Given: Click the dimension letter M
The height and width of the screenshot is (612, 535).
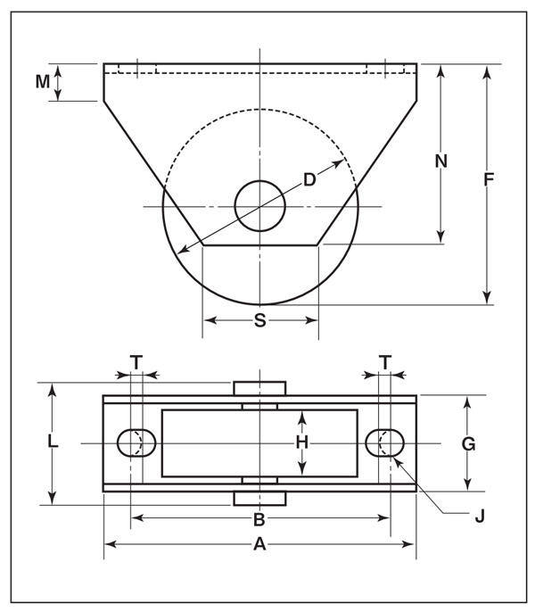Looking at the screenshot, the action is (x=43, y=81).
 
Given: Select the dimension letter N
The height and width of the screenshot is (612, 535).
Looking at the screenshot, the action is (x=441, y=161).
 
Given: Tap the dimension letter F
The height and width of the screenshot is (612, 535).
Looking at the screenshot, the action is (x=489, y=179).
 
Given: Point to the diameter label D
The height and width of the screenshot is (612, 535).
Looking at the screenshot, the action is (x=309, y=180).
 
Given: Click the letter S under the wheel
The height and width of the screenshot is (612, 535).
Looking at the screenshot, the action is (x=260, y=320).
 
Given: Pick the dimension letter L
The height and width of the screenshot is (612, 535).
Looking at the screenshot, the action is (x=53, y=441).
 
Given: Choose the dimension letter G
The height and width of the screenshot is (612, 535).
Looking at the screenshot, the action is (x=468, y=443).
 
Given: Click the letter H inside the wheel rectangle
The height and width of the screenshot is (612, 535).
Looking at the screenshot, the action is (x=302, y=442).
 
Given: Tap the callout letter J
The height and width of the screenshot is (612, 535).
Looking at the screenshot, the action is (x=480, y=516).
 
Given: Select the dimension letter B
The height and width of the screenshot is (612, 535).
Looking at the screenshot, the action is (x=259, y=519).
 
